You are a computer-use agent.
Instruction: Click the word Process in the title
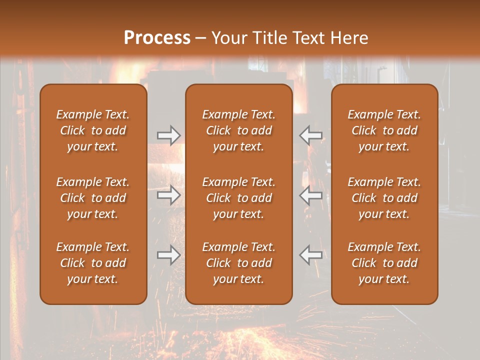coord(157,38)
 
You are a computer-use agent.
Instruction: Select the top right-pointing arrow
coord(168,135)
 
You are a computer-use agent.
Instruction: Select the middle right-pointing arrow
coord(168,195)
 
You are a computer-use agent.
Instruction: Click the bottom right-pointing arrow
coord(168,255)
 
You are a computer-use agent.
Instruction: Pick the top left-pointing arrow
coord(310,135)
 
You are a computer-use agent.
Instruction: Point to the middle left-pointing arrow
coord(310,195)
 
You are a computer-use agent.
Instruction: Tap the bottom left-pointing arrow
coord(310,255)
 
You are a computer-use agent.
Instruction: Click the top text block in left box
coord(93,130)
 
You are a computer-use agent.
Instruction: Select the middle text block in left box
coord(93,198)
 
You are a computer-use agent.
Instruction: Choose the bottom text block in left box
coord(93,263)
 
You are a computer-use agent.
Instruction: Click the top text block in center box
coord(238,130)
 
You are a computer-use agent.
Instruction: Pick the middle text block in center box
coord(238,198)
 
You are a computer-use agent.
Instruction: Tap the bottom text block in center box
coord(238,263)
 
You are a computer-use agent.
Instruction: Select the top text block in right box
coord(384,130)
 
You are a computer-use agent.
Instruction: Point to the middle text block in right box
coord(384,198)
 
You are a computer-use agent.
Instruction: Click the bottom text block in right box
coord(384,263)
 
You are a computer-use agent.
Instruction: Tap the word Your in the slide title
coord(227,38)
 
